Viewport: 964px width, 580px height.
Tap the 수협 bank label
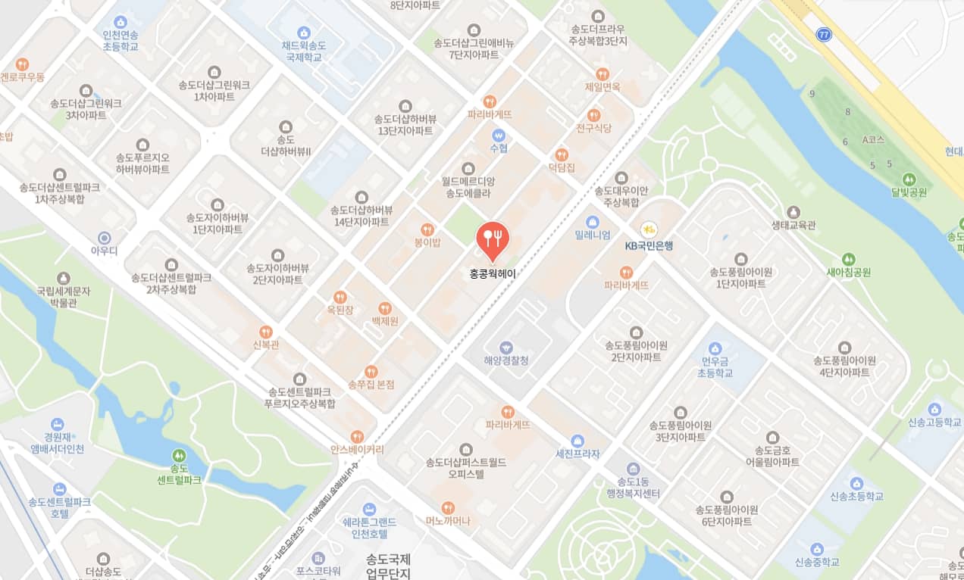tap(499, 148)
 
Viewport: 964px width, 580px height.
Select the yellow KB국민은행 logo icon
tap(648, 229)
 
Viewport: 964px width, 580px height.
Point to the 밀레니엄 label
tap(593, 235)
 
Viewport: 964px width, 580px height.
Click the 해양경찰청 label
tap(506, 360)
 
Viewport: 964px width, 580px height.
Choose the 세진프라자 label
tap(577, 454)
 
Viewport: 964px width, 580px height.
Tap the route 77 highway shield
tap(824, 34)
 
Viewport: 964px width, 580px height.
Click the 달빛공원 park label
tap(909, 192)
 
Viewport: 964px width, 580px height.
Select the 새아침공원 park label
tap(849, 272)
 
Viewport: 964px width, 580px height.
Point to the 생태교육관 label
tap(793, 225)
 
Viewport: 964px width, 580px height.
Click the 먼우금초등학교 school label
tap(715, 367)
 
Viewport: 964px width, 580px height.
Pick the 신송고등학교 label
tap(934, 422)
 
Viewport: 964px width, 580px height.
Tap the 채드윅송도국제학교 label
tap(304, 51)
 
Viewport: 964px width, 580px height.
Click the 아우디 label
tap(105, 249)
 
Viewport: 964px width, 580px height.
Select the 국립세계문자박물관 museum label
tap(64, 296)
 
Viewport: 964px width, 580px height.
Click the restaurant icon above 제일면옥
tap(602, 73)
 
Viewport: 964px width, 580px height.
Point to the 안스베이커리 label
tap(357, 449)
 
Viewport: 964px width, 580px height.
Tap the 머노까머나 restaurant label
tap(448, 520)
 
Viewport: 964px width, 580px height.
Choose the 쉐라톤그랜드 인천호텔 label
tap(370, 528)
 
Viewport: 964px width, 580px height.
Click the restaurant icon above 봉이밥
tap(427, 229)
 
